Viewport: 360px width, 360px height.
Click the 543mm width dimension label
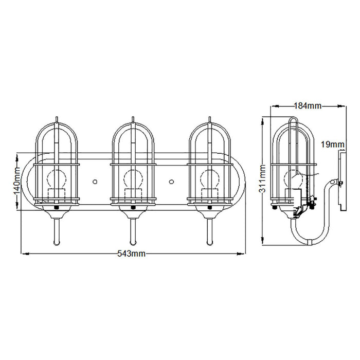pyautogui.click(x=131, y=254)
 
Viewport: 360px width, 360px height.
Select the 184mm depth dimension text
pyautogui.click(x=308, y=106)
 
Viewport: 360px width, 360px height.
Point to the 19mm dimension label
pyautogui.click(x=332, y=145)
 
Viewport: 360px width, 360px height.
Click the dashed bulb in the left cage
pyautogui.click(x=57, y=179)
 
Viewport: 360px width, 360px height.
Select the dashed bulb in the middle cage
pyautogui.click(x=133, y=179)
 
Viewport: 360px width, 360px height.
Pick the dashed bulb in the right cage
pyautogui.click(x=210, y=179)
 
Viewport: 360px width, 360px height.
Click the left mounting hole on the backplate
pyautogui.click(x=95, y=182)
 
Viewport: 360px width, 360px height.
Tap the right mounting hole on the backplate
pyautogui.click(x=171, y=182)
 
